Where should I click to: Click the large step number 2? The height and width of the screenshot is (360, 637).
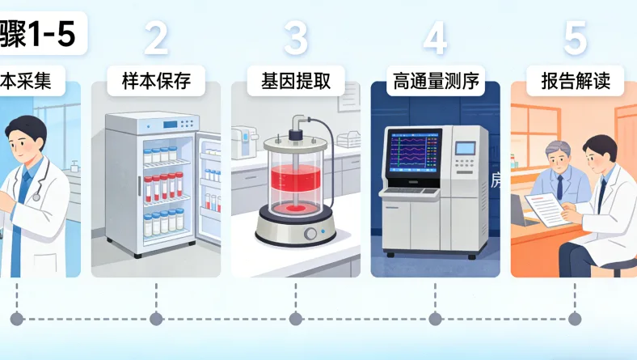tap(156, 37)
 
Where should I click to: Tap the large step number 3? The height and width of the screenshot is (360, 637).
tap(296, 37)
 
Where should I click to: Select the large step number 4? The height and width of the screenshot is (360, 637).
tap(435, 37)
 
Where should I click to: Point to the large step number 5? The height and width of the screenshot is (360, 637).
tap(575, 37)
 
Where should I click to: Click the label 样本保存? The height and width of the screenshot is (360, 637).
tap(156, 82)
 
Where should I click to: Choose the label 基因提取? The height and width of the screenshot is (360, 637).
tap(296, 82)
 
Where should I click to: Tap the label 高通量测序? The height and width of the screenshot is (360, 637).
tap(435, 82)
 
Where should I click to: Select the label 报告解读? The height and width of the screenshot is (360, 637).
tap(575, 82)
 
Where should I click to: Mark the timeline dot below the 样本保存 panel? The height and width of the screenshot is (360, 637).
tap(156, 319)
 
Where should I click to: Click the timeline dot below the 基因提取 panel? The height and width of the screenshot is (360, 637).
tap(296, 319)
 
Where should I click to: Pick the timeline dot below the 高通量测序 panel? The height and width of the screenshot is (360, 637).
tap(435, 319)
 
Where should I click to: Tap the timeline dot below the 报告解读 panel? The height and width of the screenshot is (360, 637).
tap(575, 319)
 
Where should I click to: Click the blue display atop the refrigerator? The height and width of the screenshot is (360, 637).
tap(171, 125)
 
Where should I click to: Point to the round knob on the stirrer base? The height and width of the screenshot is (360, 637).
tap(310, 235)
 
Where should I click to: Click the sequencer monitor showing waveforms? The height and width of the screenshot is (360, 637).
tap(416, 151)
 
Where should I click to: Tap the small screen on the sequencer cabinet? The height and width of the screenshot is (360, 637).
tap(466, 148)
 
